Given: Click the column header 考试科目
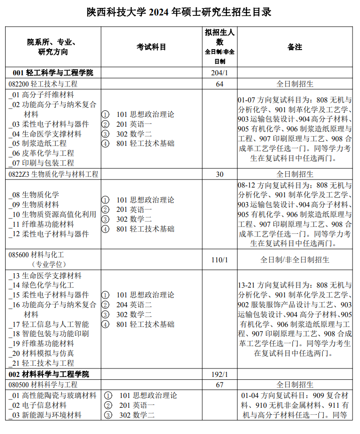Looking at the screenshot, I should pyautogui.click(x=151, y=47).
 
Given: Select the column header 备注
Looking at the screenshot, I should pyautogui.click(x=294, y=47).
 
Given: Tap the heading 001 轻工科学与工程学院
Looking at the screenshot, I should pyautogui.click(x=53, y=72).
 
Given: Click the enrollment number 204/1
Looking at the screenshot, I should pyautogui.click(x=219, y=72).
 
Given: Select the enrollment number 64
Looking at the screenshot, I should pyautogui.click(x=219, y=84).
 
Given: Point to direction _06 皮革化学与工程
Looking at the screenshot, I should pyautogui.click(x=41, y=153).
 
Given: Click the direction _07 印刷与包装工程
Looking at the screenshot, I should pyautogui.click(x=41, y=163).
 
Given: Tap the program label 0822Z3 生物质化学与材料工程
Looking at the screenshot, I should pyautogui.click(x=53, y=174).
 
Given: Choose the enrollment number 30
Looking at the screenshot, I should pyautogui.click(x=219, y=174).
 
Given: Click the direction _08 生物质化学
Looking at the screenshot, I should pyautogui.click(x=34, y=195).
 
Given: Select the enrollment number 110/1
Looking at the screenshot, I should pyautogui.click(x=219, y=260).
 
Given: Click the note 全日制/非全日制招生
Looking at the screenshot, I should pyautogui.click(x=294, y=260).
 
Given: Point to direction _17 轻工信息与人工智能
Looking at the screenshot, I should pyautogui.click(x=49, y=324).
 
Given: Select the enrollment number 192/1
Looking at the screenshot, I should pyautogui.click(x=219, y=374).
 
